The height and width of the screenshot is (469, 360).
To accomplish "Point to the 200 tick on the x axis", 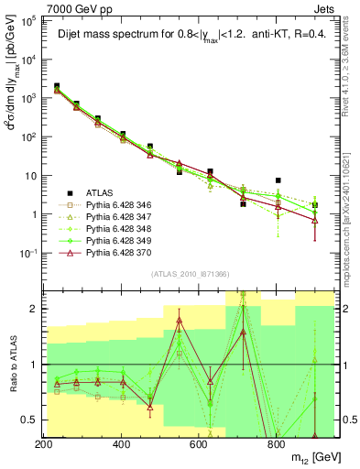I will point(43,444).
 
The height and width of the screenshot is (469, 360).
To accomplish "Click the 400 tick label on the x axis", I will point(121,444).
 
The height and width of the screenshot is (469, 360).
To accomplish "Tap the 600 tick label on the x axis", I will point(199,444).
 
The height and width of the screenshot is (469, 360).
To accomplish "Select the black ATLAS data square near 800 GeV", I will point(278,181).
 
